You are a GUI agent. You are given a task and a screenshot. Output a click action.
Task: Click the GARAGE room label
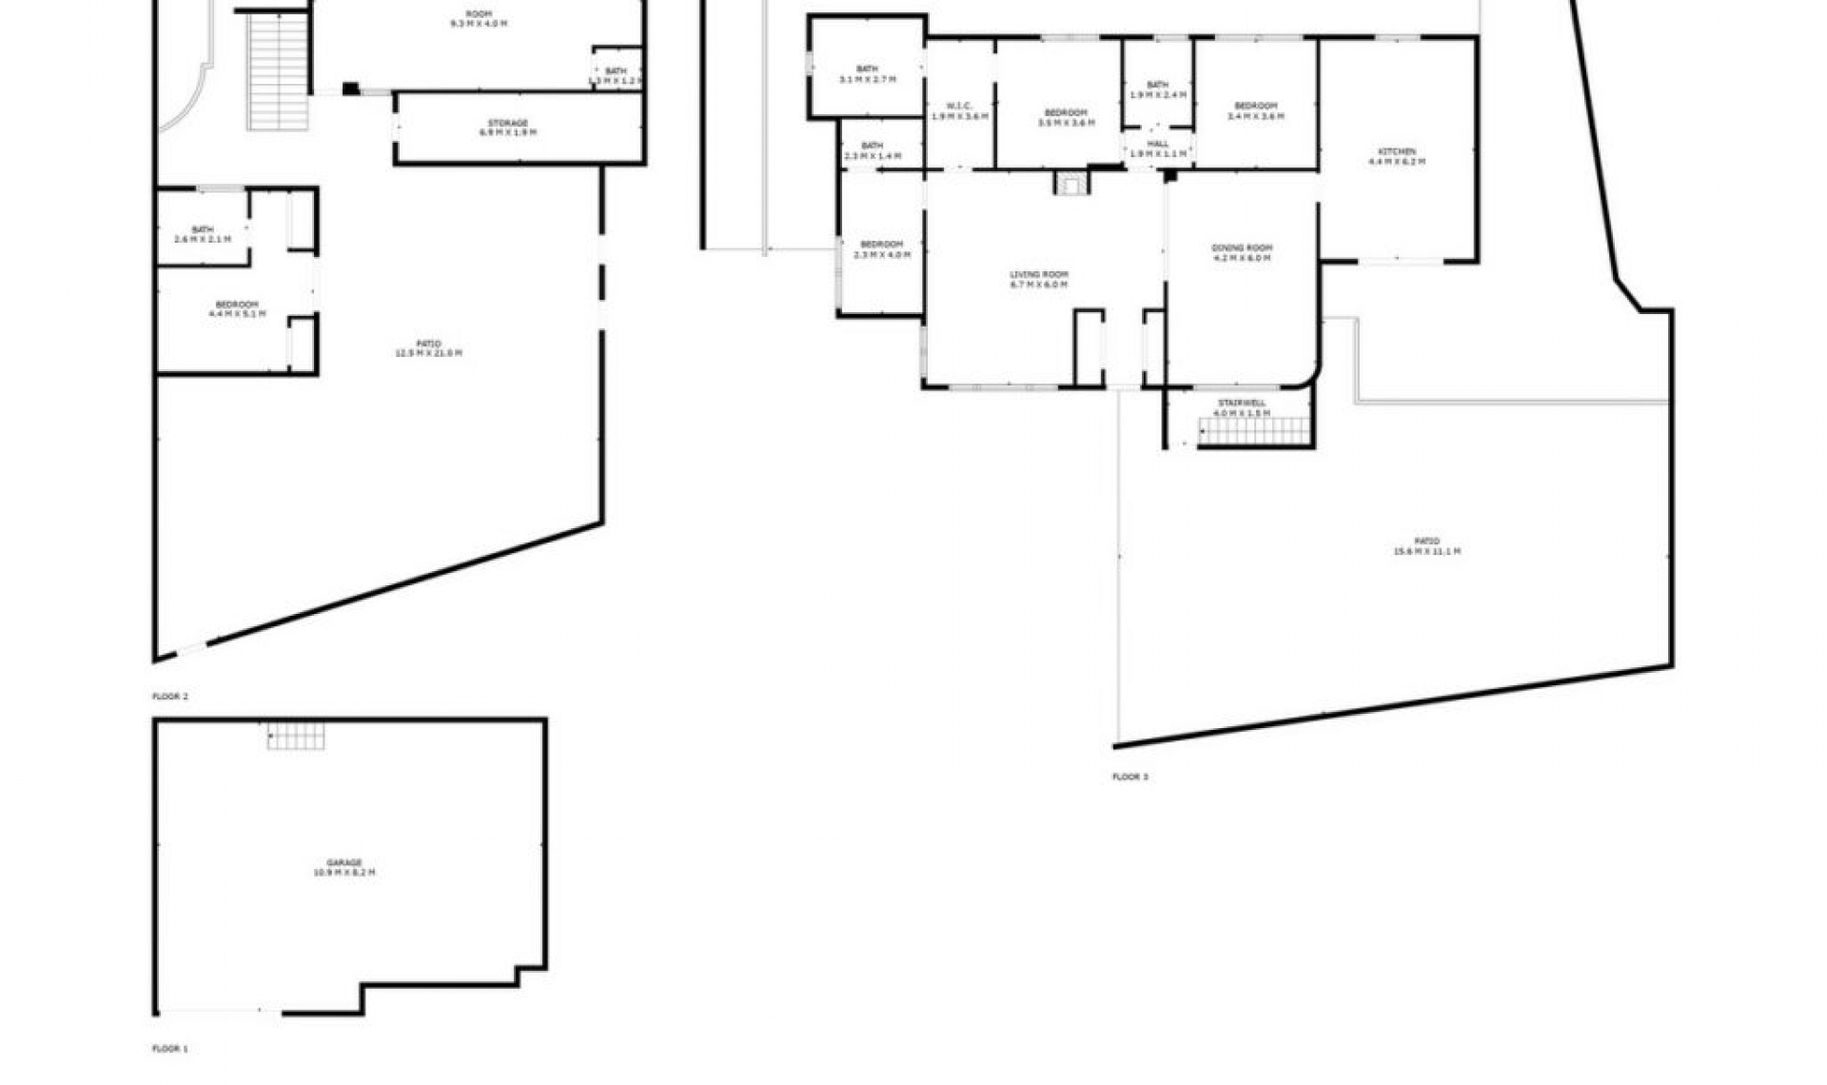coord(344,867)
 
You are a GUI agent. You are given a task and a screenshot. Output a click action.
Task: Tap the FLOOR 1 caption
coord(170,1049)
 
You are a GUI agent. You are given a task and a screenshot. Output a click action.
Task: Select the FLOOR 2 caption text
coord(170,697)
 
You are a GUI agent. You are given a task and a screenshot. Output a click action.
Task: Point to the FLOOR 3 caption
coord(1130,778)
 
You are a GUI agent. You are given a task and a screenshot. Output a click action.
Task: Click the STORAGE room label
coord(507,128)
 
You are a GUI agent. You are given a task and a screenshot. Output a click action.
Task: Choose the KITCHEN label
coord(1397,157)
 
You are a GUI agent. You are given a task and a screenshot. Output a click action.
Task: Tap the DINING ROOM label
coord(1242,253)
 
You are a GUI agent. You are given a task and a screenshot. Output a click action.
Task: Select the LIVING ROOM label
coord(1039,280)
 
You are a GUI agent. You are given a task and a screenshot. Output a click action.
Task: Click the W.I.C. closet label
coord(959,110)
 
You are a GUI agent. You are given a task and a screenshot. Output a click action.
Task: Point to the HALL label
coord(1158,148)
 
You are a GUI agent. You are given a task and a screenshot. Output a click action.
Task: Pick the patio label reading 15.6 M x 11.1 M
coord(1426,546)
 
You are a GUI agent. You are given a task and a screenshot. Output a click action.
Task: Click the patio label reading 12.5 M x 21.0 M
coord(428,348)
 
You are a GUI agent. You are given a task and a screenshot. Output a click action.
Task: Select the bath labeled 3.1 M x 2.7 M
coord(867,74)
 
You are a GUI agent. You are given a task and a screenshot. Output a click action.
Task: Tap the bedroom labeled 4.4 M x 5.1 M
coord(237,309)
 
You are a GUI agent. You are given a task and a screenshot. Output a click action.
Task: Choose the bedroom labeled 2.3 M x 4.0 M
coord(881,249)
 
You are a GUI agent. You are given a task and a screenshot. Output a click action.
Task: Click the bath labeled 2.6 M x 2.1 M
coord(203,234)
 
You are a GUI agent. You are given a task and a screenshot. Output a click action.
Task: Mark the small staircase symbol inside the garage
coord(296,736)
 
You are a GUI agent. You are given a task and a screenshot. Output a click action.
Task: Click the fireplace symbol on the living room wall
coord(1072,183)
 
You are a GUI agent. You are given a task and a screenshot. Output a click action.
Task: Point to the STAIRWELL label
coord(1242,408)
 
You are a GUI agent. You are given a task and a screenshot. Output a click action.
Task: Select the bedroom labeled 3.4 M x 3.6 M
coord(1255,110)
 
